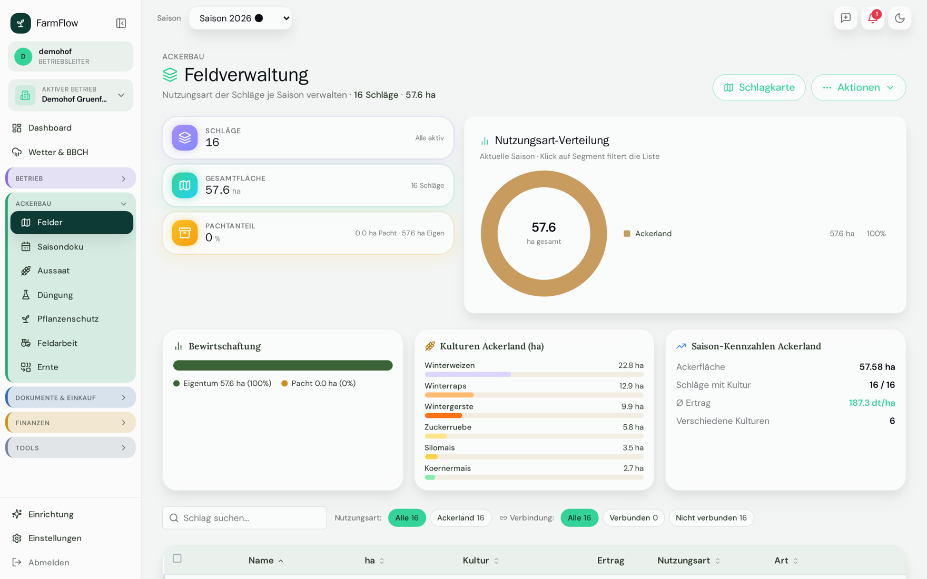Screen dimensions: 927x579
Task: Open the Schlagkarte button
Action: click(x=759, y=87)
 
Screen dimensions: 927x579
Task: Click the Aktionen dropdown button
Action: click(x=858, y=87)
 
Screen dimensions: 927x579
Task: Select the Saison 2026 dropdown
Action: click(x=240, y=18)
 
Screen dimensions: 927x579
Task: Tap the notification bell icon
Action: click(x=872, y=18)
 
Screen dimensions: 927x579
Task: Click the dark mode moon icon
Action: click(x=900, y=18)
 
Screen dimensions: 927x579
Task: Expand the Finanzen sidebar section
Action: click(x=71, y=423)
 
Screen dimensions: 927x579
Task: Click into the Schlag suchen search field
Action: click(x=244, y=518)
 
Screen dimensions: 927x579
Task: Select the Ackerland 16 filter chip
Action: click(x=460, y=518)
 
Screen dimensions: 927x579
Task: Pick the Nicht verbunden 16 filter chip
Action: click(x=711, y=518)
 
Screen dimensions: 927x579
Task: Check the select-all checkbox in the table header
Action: click(x=177, y=558)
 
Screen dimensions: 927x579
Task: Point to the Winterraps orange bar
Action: click(x=449, y=395)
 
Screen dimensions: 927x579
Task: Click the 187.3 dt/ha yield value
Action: click(x=872, y=403)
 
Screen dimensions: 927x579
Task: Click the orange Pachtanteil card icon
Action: click(x=185, y=233)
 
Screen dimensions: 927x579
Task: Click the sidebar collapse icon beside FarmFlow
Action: click(x=121, y=23)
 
